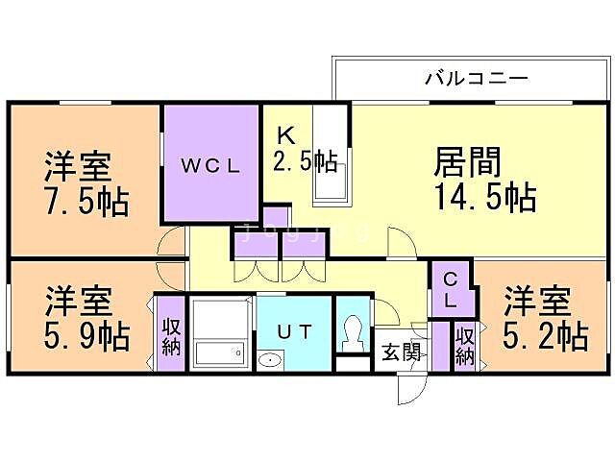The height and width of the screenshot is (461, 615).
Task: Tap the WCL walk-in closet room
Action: click(x=211, y=163)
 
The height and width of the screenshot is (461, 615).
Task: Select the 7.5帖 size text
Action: click(x=86, y=203)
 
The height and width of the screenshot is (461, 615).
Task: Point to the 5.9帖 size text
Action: click(x=86, y=336)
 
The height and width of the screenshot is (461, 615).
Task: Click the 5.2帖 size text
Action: click(x=546, y=336)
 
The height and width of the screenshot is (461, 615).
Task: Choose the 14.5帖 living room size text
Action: click(x=485, y=197)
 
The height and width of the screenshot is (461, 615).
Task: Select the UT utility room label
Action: click(x=294, y=331)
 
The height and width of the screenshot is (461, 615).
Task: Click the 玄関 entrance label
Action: click(x=402, y=352)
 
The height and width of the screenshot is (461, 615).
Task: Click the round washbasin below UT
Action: click(x=270, y=362)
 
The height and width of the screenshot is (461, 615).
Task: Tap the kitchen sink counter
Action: click(x=332, y=154)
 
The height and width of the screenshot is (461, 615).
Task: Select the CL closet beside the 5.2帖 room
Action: click(x=451, y=288)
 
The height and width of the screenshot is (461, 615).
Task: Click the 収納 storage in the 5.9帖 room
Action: click(x=171, y=337)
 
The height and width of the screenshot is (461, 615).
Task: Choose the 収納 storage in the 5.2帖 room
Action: click(x=465, y=346)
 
